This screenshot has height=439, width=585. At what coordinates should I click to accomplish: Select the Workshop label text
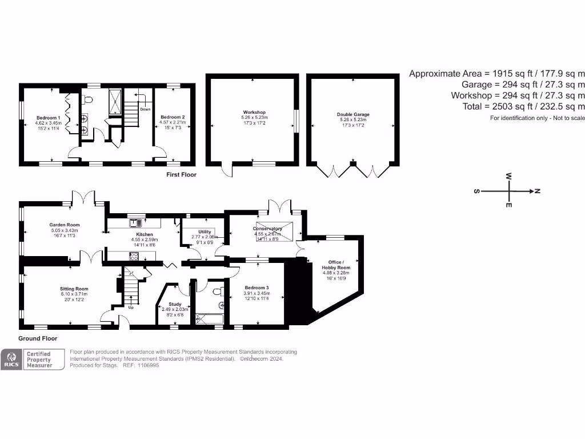click(254, 112)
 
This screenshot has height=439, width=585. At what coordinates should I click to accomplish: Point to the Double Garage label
click(353, 114)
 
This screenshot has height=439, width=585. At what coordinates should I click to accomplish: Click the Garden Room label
click(64, 225)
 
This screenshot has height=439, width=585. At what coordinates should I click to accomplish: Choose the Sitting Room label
click(74, 289)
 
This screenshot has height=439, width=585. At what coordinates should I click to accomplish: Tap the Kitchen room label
click(144, 234)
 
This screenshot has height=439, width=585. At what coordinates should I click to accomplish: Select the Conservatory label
click(268, 229)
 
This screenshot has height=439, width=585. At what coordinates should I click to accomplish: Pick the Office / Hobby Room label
click(336, 264)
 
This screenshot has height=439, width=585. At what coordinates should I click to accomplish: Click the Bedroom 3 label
click(257, 288)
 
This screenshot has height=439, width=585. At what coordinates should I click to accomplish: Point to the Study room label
click(174, 305)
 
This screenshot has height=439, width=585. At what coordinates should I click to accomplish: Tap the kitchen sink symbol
click(137, 222)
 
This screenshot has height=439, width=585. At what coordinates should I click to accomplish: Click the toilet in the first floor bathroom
click(87, 100)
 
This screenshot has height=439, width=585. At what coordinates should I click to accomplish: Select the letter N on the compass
click(537, 191)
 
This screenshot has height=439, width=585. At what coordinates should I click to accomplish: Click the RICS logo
click(11, 360)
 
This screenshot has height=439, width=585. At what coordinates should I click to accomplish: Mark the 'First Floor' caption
click(181, 174)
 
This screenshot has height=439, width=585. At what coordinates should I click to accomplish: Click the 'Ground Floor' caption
click(38, 338)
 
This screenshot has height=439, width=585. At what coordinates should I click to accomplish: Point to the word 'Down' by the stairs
click(145, 109)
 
